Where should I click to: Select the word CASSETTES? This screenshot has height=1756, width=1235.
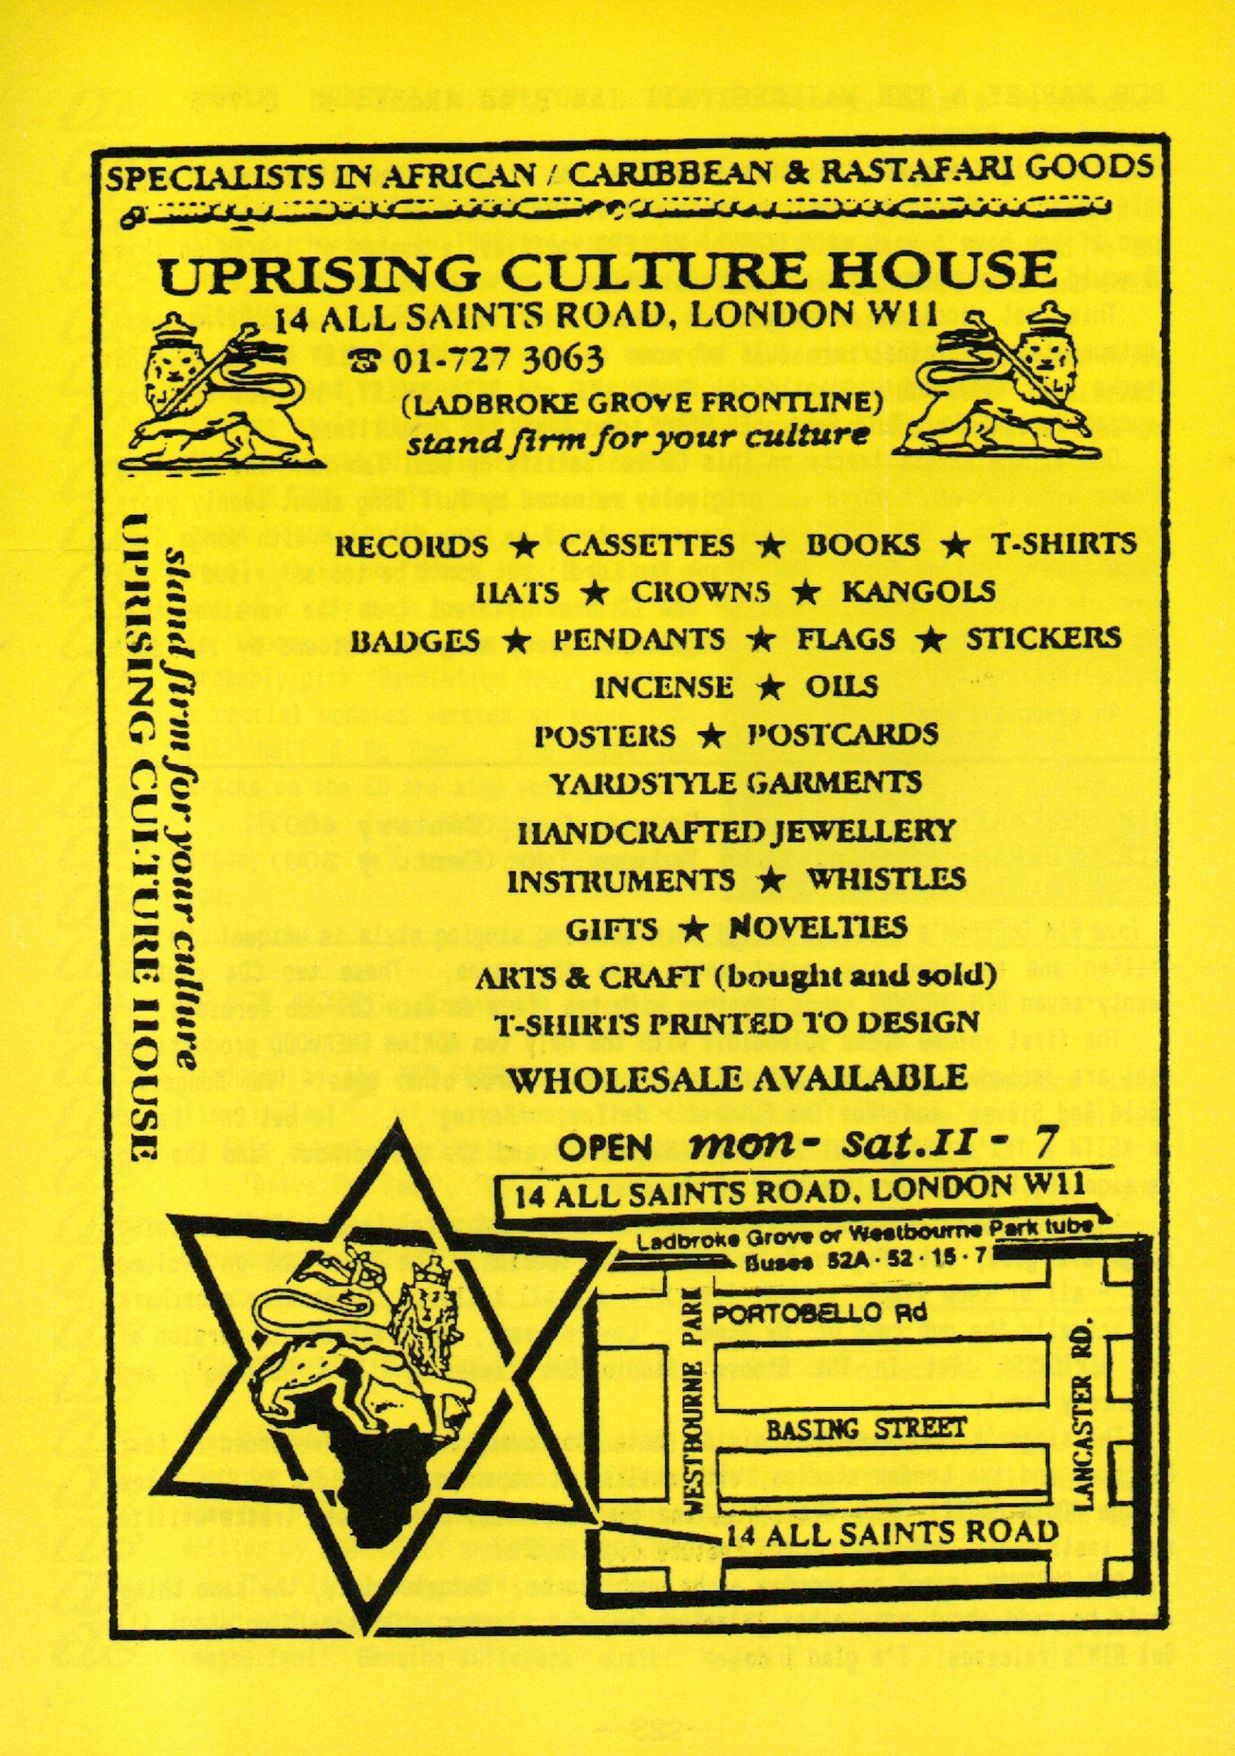click(x=647, y=545)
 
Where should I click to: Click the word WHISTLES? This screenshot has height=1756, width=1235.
click(x=885, y=879)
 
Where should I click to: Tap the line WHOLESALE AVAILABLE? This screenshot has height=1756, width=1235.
click(x=737, y=1078)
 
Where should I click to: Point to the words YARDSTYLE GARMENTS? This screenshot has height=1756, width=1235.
click(x=737, y=781)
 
